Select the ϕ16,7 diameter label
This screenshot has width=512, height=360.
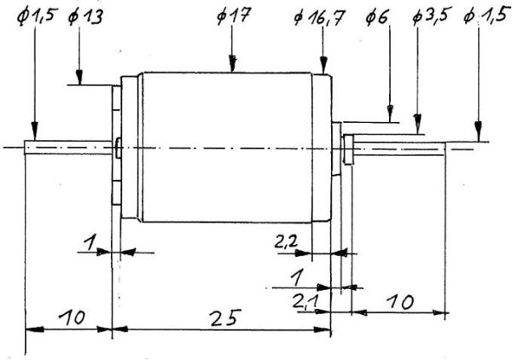pyautogui.click(x=318, y=17)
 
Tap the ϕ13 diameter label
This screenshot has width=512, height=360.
pyautogui.click(x=85, y=15)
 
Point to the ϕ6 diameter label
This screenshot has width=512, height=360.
pyautogui.click(x=377, y=17)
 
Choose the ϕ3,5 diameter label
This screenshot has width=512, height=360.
pyautogui.click(x=430, y=15)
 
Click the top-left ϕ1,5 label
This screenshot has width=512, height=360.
pyautogui.click(x=38, y=15)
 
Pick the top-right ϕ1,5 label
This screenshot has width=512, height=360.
pyautogui.click(x=485, y=15)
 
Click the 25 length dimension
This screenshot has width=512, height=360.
pyautogui.click(x=226, y=317)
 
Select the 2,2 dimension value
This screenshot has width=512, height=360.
pyautogui.click(x=287, y=242)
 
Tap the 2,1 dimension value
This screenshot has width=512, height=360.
pyautogui.click(x=306, y=301)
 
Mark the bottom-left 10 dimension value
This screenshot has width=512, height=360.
pyautogui.click(x=72, y=316)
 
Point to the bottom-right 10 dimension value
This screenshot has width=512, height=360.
pyautogui.click(x=401, y=302)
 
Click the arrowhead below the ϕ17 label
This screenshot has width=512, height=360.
pyautogui.click(x=232, y=63)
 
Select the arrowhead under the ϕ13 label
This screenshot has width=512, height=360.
pyautogui.click(x=79, y=77)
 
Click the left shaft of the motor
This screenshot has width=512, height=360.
pyautogui.click(x=68, y=148)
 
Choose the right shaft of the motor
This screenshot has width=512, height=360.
pyautogui.click(x=399, y=148)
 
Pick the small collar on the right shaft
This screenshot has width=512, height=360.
pyautogui.click(x=348, y=149)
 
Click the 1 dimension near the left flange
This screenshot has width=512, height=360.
pyautogui.click(x=90, y=243)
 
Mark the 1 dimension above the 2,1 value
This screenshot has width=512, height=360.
pyautogui.click(x=296, y=277)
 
